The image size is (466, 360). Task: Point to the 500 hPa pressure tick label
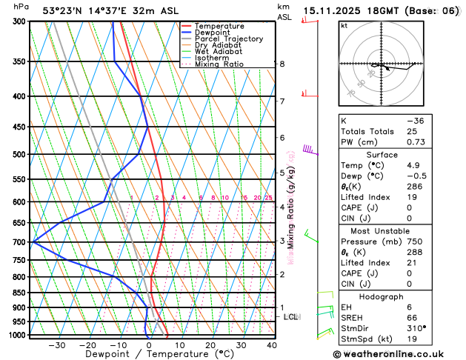[19, 154]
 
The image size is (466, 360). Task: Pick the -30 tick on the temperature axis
[56, 344]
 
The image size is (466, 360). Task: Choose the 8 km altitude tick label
[282, 64]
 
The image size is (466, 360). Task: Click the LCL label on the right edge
[291, 317]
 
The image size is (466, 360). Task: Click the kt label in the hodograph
[344, 26]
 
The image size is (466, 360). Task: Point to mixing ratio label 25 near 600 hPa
[269, 198]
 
